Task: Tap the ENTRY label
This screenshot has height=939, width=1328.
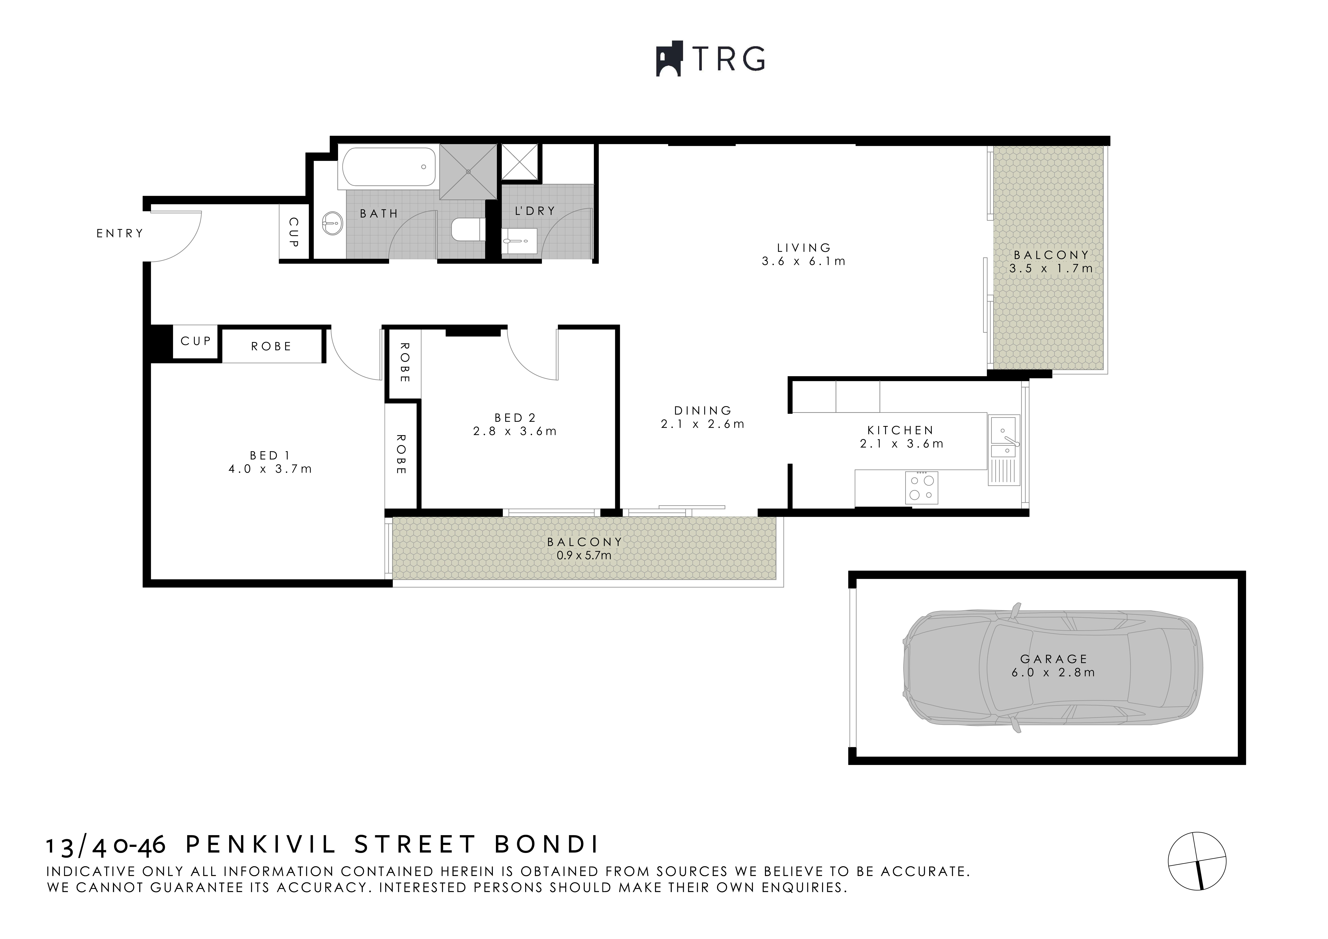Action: coord(120,233)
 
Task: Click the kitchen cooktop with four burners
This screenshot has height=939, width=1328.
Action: coord(921,488)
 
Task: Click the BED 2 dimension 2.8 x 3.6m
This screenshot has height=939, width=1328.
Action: coord(515,431)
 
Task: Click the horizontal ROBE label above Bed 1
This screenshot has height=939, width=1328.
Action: coord(271,347)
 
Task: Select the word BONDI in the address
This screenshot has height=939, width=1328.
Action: coord(547,845)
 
